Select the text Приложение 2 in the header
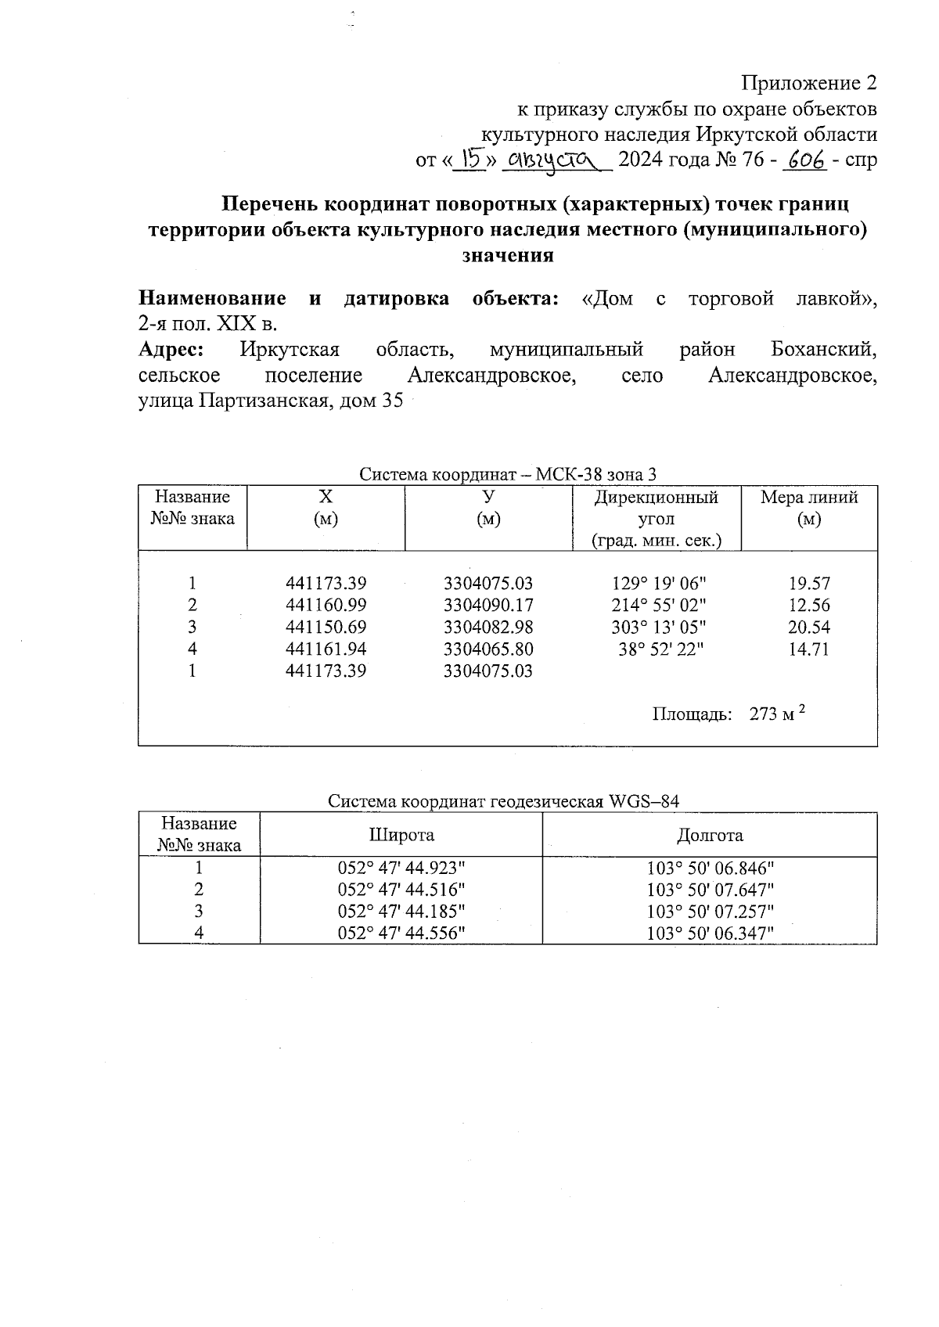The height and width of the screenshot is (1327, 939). (x=809, y=83)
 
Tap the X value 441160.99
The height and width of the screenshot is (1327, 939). (x=326, y=605)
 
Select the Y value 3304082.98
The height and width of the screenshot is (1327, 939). (x=487, y=627)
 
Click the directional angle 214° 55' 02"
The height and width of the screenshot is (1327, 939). (x=658, y=605)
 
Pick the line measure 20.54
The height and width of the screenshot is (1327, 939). (x=809, y=627)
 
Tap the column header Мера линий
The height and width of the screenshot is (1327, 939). (x=809, y=507)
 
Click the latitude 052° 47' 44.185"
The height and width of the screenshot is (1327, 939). (x=401, y=911)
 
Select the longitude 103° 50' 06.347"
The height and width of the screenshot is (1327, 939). (x=710, y=933)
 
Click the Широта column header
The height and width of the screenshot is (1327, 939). (x=401, y=835)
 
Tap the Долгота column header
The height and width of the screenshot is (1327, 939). (x=710, y=835)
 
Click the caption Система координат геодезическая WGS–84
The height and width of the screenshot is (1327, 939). (x=503, y=801)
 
